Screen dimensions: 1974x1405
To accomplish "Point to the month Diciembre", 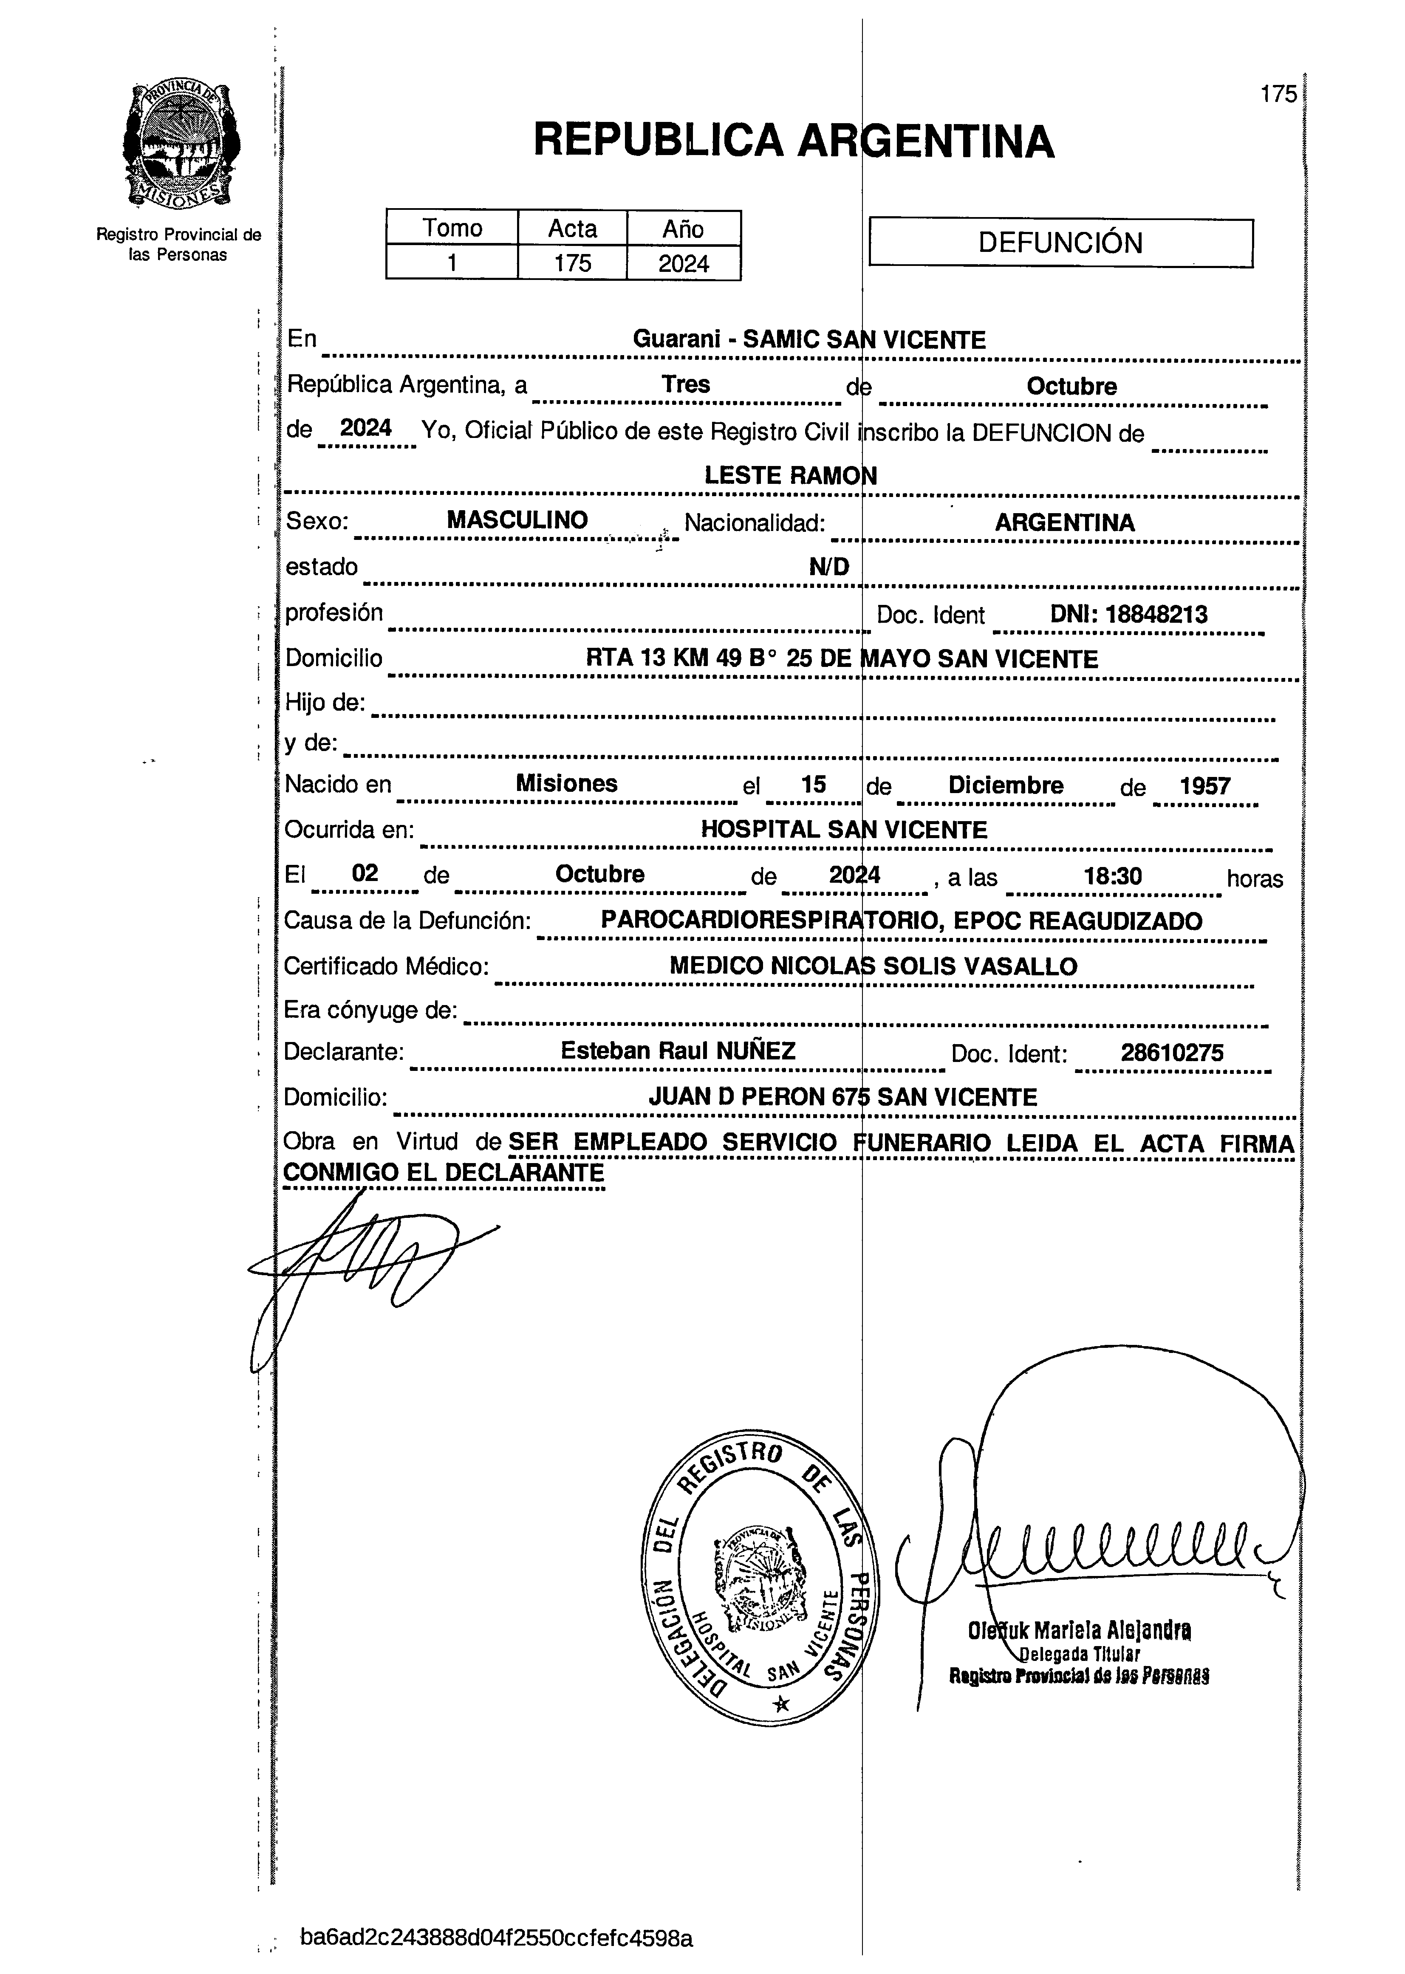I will point(1005,785).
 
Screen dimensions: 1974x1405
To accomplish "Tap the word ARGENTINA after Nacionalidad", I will point(1064,522).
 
